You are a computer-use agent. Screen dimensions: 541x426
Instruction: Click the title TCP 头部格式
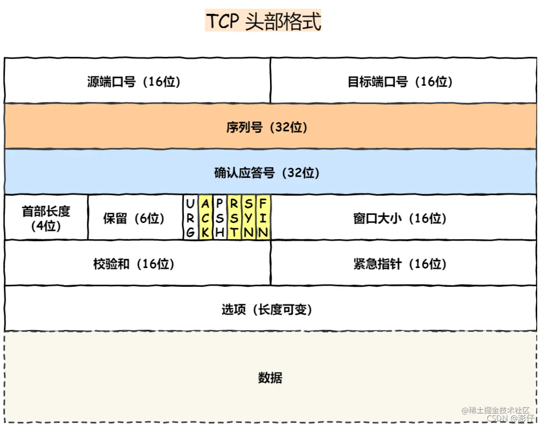pyautogui.click(x=263, y=21)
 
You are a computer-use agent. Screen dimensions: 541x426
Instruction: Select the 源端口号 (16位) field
pyautogui.click(x=134, y=81)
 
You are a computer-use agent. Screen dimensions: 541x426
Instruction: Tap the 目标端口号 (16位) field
pyautogui.click(x=400, y=81)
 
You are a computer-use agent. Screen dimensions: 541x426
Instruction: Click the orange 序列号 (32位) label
pyautogui.click(x=267, y=127)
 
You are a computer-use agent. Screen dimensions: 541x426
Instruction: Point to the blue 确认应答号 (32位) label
pyautogui.click(x=267, y=172)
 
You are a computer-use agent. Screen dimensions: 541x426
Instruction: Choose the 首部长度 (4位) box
pyautogui.click(x=46, y=218)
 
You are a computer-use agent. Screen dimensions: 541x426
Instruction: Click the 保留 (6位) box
pyautogui.click(x=134, y=218)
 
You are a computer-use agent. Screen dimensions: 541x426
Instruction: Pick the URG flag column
pyautogui.click(x=191, y=218)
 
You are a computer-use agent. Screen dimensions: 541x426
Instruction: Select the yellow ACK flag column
pyautogui.click(x=205, y=218)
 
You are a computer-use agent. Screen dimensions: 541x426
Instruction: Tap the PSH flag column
pyautogui.click(x=219, y=218)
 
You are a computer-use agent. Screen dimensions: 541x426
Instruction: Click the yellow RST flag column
pyautogui.click(x=234, y=218)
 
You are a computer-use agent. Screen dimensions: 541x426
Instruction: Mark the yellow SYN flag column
pyautogui.click(x=249, y=218)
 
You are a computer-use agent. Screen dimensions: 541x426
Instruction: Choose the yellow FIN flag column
pyautogui.click(x=263, y=218)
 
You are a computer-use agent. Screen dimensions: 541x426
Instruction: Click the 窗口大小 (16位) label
pyautogui.click(x=400, y=218)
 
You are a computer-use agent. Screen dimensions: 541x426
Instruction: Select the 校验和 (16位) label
pyautogui.click(x=134, y=264)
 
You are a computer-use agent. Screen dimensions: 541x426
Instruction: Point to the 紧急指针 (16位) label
pyautogui.click(x=400, y=264)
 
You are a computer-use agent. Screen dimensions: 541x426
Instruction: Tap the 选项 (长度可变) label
pyautogui.click(x=267, y=309)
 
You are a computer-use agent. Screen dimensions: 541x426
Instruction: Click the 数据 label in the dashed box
pyautogui.click(x=270, y=377)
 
